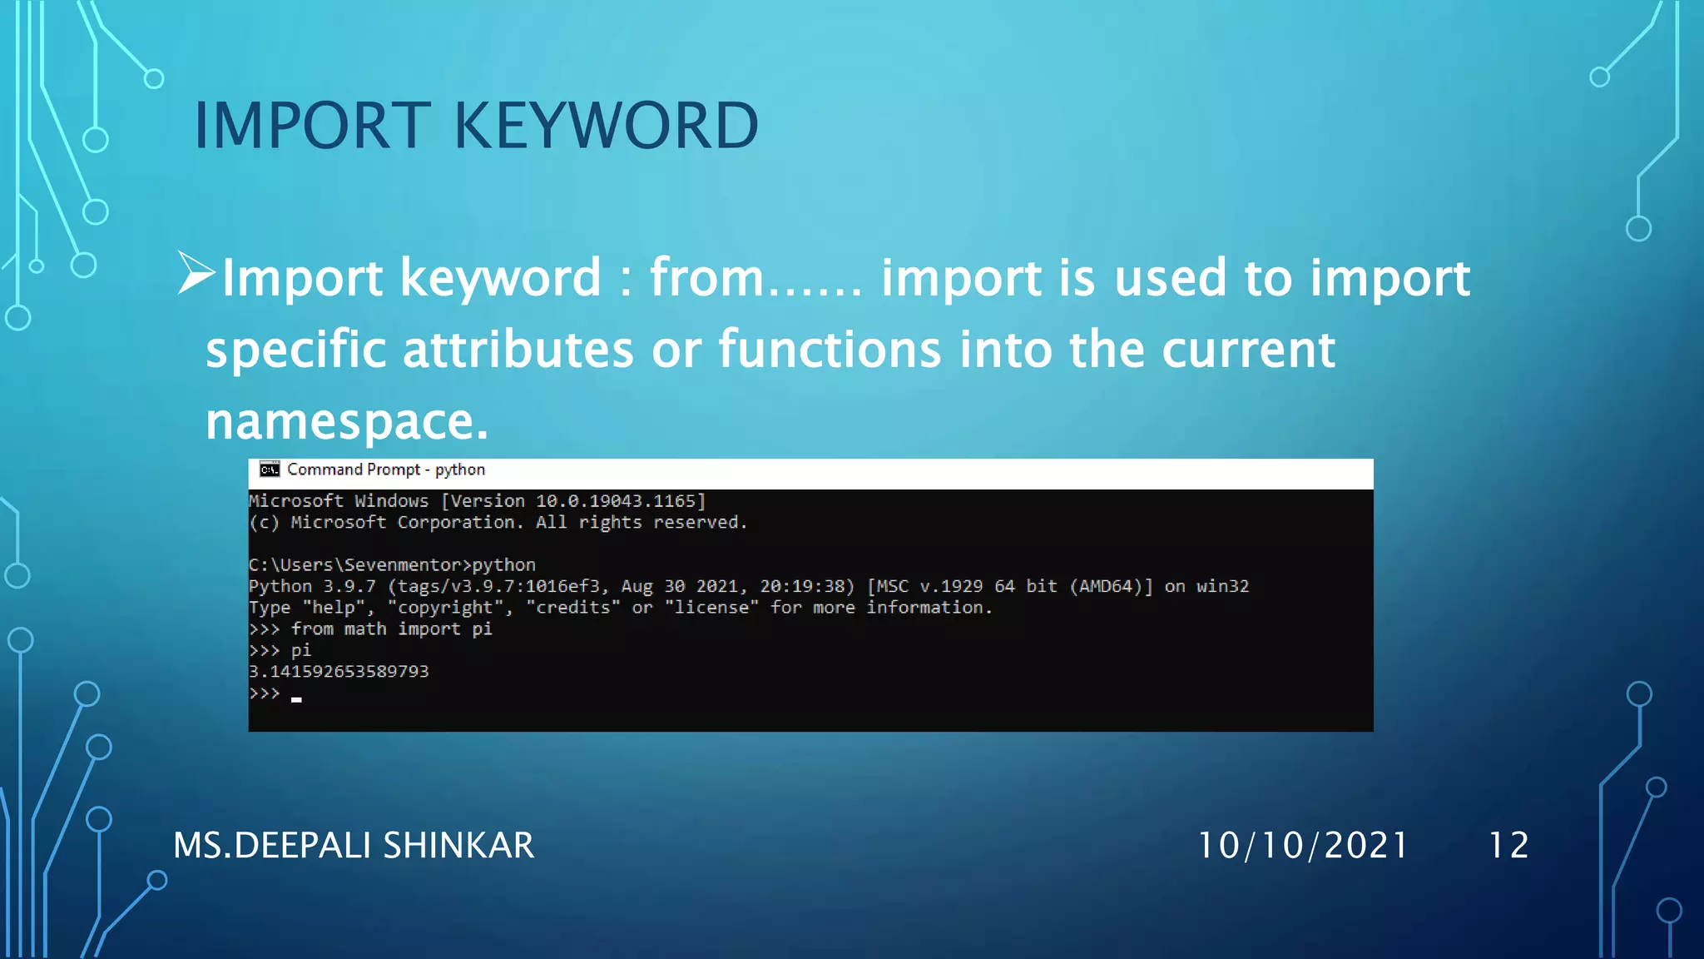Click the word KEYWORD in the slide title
pyautogui.click(x=606, y=126)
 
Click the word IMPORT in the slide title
pyautogui.click(x=312, y=126)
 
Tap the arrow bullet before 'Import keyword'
pyautogui.click(x=196, y=274)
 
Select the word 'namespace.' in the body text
pyautogui.click(x=346, y=421)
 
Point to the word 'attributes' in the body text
pyautogui.click(x=518, y=349)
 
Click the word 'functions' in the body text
pyautogui.click(x=830, y=349)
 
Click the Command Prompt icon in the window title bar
pyautogui.click(x=270, y=470)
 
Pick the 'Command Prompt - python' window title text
pyautogui.click(x=386, y=470)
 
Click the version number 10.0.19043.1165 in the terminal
pyautogui.click(x=615, y=501)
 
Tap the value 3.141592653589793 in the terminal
pyautogui.click(x=339, y=672)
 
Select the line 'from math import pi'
pyautogui.click(x=391, y=629)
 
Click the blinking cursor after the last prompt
pyautogui.click(x=296, y=700)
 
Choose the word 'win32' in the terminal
pyautogui.click(x=1222, y=587)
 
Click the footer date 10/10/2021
pyautogui.click(x=1302, y=846)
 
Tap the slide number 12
pyautogui.click(x=1508, y=846)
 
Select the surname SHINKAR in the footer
pyautogui.click(x=458, y=846)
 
